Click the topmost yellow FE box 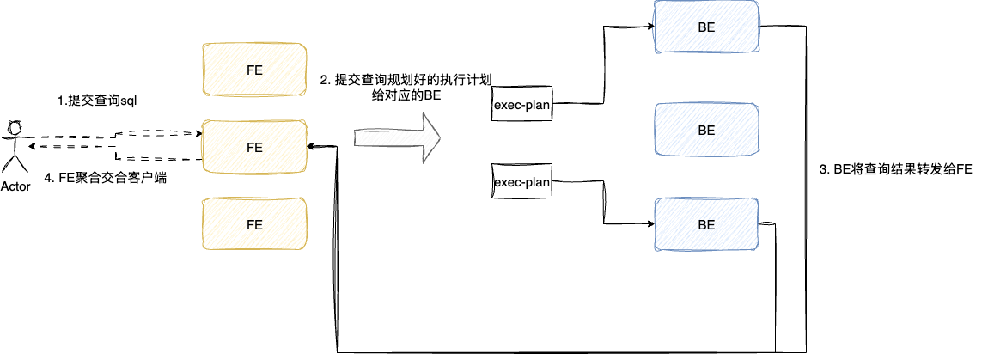[254, 69]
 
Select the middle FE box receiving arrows [254, 147]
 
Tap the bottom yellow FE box [254, 224]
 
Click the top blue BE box [706, 27]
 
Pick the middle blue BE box [706, 131]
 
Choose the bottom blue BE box [706, 225]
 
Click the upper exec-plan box [521, 105]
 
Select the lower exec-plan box [521, 181]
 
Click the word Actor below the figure [16, 186]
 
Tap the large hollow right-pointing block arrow [397, 137]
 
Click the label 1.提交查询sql [96, 101]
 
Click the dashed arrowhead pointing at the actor [30, 147]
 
